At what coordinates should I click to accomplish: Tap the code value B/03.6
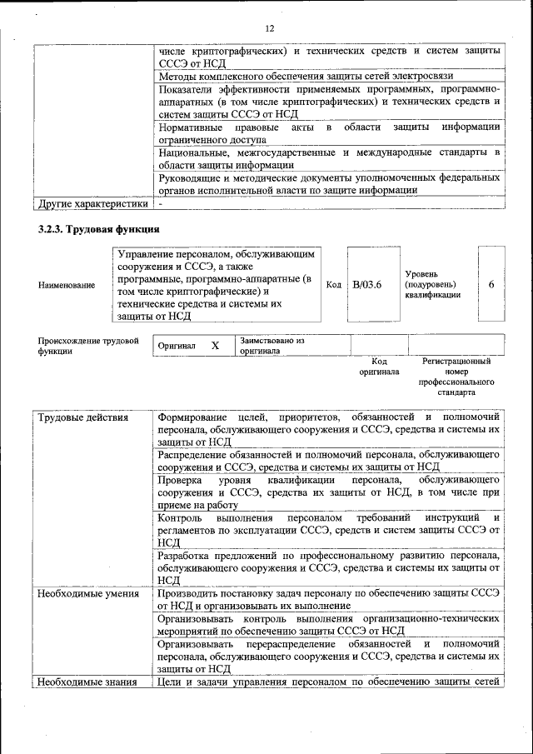(x=366, y=285)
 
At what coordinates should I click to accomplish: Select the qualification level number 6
(x=491, y=285)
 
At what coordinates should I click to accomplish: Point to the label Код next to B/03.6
(x=333, y=285)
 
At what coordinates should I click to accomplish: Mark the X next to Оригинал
(x=215, y=345)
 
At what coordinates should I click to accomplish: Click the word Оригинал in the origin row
(x=177, y=346)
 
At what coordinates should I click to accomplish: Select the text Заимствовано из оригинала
(x=272, y=346)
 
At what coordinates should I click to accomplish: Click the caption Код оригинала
(x=379, y=367)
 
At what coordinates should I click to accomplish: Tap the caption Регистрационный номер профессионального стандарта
(x=456, y=377)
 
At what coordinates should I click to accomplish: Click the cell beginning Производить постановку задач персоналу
(x=328, y=599)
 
